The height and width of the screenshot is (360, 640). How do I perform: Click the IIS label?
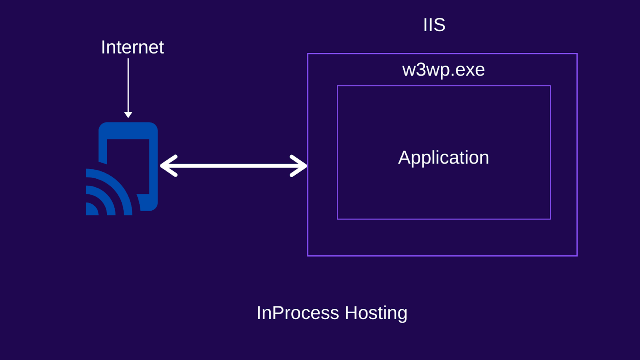pos(434,25)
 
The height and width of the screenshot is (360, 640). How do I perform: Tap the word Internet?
pos(132,47)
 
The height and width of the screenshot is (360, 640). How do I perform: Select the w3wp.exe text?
pos(443,70)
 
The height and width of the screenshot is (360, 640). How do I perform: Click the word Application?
pos(443,158)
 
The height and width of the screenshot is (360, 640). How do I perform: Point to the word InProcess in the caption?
pos(298,313)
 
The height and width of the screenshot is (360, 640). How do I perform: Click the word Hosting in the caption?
pos(376,313)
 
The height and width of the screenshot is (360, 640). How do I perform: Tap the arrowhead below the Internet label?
pos(128,115)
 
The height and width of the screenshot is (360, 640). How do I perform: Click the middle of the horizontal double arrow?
pos(234,166)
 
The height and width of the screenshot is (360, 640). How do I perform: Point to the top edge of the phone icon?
pos(128,124)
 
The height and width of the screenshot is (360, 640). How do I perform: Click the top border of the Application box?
pos(444,86)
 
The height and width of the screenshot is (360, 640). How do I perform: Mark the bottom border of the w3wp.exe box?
pos(442,256)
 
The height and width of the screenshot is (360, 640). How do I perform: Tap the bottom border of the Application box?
pos(444,219)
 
